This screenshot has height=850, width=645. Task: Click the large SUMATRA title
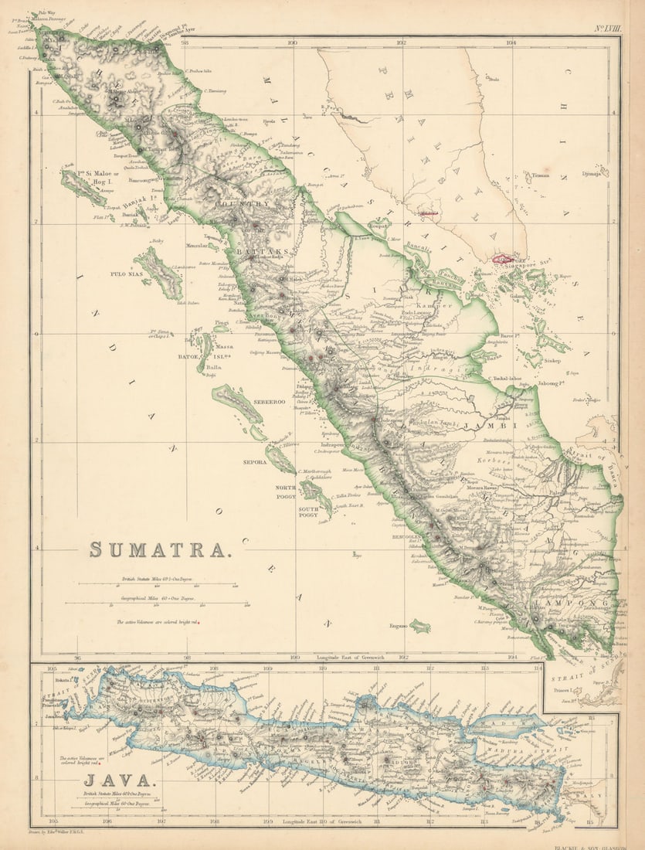point(160,549)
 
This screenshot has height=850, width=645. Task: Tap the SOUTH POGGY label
point(311,511)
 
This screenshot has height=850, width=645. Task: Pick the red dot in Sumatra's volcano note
point(199,621)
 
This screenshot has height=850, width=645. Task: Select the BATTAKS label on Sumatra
point(257,252)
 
